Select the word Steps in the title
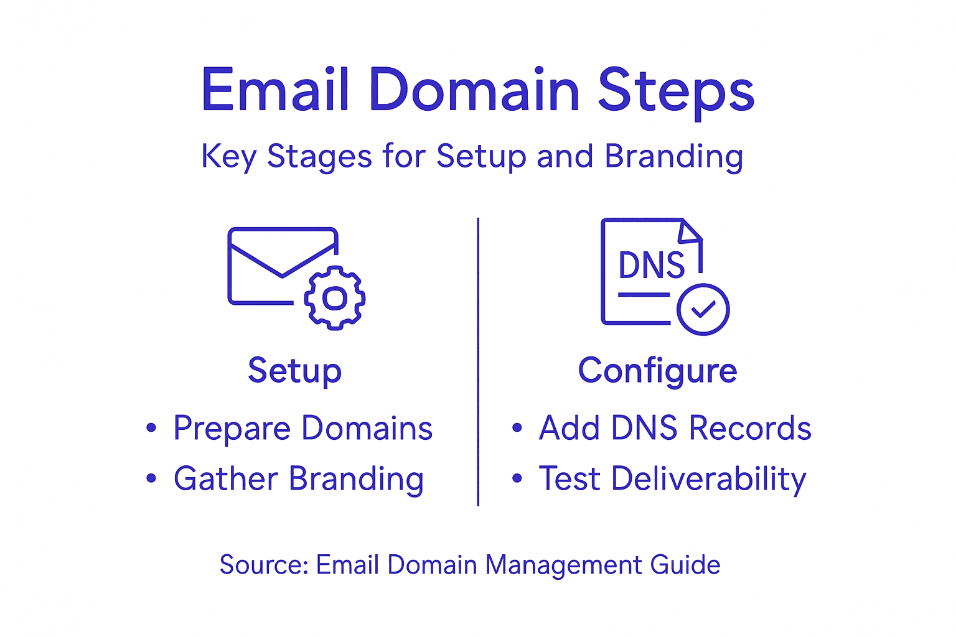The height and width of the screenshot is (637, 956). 676,92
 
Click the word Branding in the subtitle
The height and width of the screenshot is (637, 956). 674,156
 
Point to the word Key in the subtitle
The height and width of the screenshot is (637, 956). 228,157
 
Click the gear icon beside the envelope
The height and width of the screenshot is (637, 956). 335,298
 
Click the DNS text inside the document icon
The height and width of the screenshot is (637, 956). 651,266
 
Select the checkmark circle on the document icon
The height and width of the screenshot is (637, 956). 703,309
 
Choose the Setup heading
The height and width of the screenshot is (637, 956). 294,371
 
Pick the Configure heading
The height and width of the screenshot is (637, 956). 657,371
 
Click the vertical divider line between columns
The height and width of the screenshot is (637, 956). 478,361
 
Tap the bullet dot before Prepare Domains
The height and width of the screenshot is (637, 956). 151,428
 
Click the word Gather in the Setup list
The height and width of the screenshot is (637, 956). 225,479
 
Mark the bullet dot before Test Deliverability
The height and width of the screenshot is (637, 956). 517,478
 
